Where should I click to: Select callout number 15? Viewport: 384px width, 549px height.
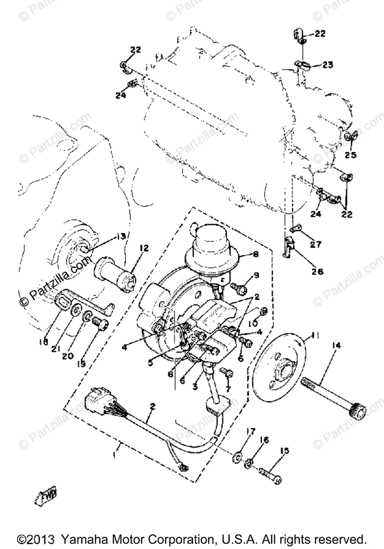pos(284,451)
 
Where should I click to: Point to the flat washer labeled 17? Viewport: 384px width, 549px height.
pos(237,457)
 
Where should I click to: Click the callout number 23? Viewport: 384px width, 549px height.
pos(328,65)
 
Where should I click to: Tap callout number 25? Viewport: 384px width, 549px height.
pos(351,156)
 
